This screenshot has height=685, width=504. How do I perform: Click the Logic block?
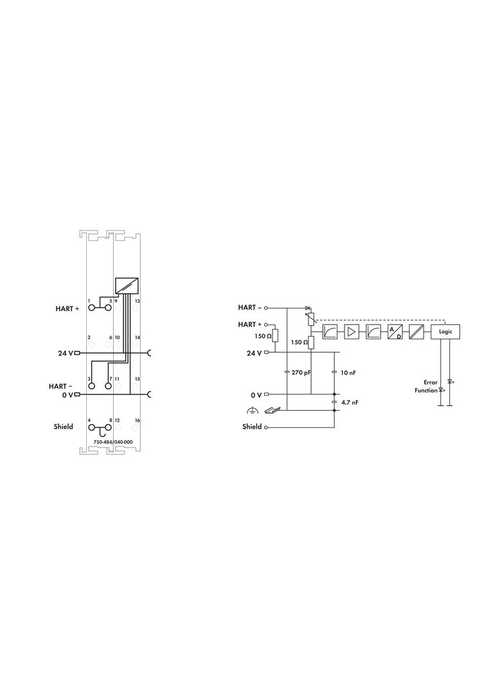[x=446, y=332]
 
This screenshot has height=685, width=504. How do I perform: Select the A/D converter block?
[x=395, y=332]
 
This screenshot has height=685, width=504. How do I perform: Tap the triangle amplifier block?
[x=351, y=332]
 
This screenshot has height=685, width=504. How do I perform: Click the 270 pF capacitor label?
[x=301, y=373]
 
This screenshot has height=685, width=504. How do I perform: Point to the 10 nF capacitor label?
[x=348, y=373]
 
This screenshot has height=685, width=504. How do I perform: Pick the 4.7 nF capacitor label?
[x=350, y=402]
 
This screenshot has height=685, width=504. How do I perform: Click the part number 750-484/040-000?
[x=113, y=442]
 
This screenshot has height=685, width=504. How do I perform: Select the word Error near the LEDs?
[x=431, y=382]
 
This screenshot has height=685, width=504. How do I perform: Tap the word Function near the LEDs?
[x=426, y=390]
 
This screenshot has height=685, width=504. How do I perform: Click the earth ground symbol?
[x=252, y=410]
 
